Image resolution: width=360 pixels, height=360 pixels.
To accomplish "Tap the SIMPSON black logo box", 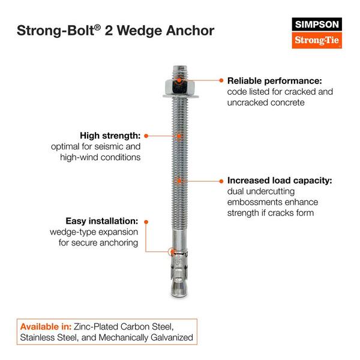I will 316,24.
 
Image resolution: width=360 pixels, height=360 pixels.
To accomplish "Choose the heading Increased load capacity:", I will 280,180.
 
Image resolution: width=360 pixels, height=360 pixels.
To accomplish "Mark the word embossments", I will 257,202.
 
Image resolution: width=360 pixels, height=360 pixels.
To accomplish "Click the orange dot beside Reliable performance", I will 221,80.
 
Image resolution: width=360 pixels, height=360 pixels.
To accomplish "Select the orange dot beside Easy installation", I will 146,221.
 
